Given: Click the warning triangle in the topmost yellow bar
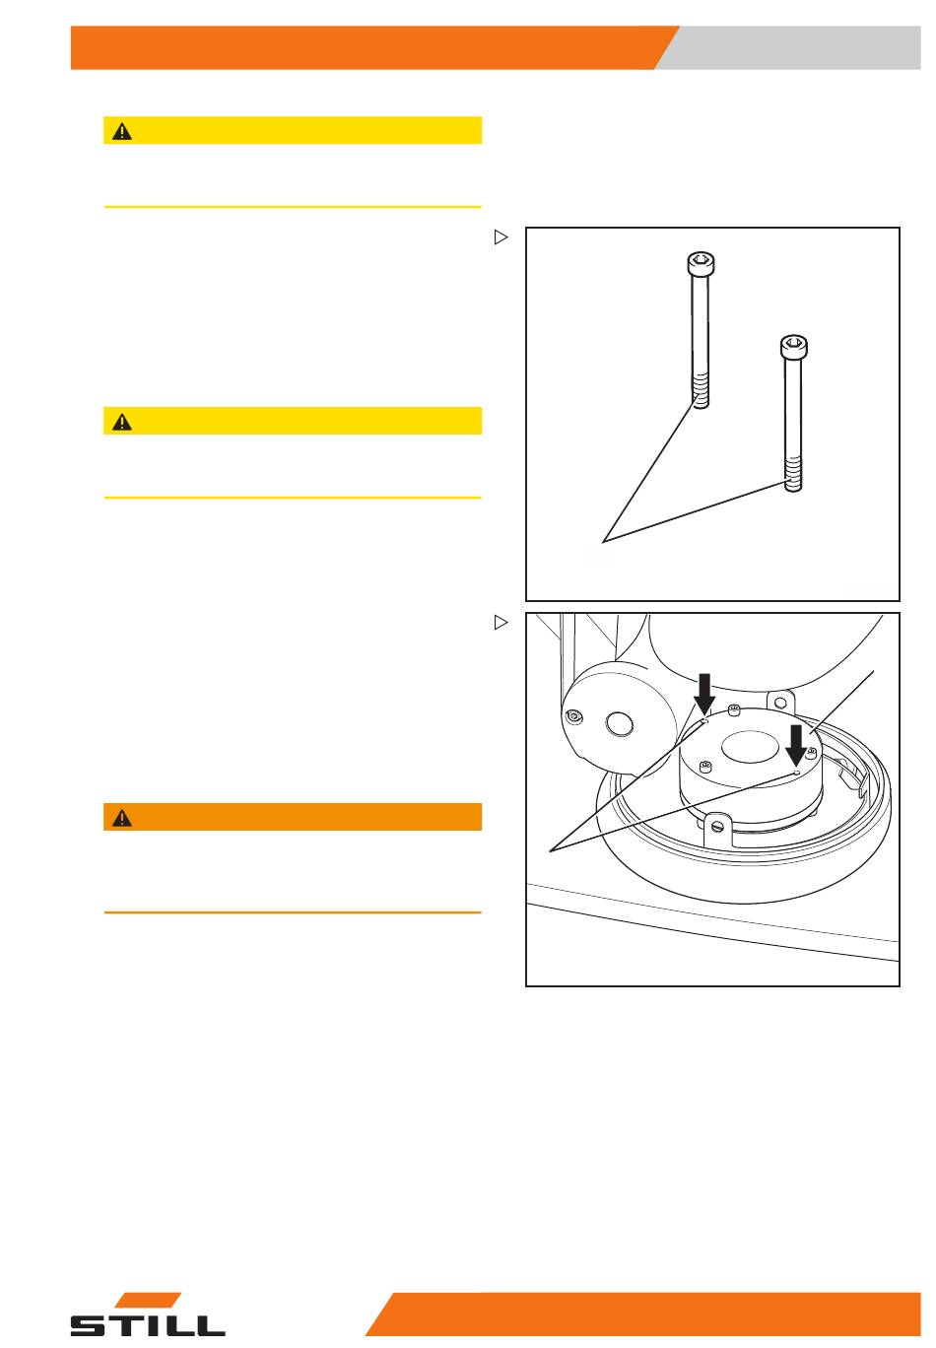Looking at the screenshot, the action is pyautogui.click(x=122, y=131).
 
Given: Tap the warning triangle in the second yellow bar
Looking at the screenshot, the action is pyautogui.click(x=122, y=422).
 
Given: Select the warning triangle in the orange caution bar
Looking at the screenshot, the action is pyautogui.click(x=122, y=818).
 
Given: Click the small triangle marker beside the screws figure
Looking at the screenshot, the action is pyautogui.click(x=501, y=237).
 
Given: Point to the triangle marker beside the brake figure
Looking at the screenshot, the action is pyautogui.click(x=501, y=622).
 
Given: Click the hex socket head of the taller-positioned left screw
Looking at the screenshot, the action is pyautogui.click(x=701, y=262).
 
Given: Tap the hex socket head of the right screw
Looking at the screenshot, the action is pyautogui.click(x=794, y=346).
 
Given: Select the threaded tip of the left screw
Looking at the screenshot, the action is pyautogui.click(x=701, y=391).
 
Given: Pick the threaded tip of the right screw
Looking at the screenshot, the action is pyautogui.click(x=794, y=474).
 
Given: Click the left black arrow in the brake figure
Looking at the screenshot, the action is pyautogui.click(x=704, y=694).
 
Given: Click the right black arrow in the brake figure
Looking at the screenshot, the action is pyautogui.click(x=796, y=745).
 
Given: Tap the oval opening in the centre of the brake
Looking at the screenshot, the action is pyautogui.click(x=750, y=747).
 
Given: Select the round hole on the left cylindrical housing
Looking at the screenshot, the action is pyautogui.click(x=619, y=724).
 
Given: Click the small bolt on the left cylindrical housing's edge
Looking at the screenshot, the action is pyautogui.click(x=573, y=716).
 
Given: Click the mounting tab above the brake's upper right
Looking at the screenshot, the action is pyautogui.click(x=779, y=702).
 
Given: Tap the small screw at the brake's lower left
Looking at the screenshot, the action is pyautogui.click(x=705, y=767).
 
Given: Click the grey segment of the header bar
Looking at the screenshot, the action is pyautogui.click(x=788, y=47).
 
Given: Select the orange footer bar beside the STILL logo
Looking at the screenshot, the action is pyautogui.click(x=643, y=1314).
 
